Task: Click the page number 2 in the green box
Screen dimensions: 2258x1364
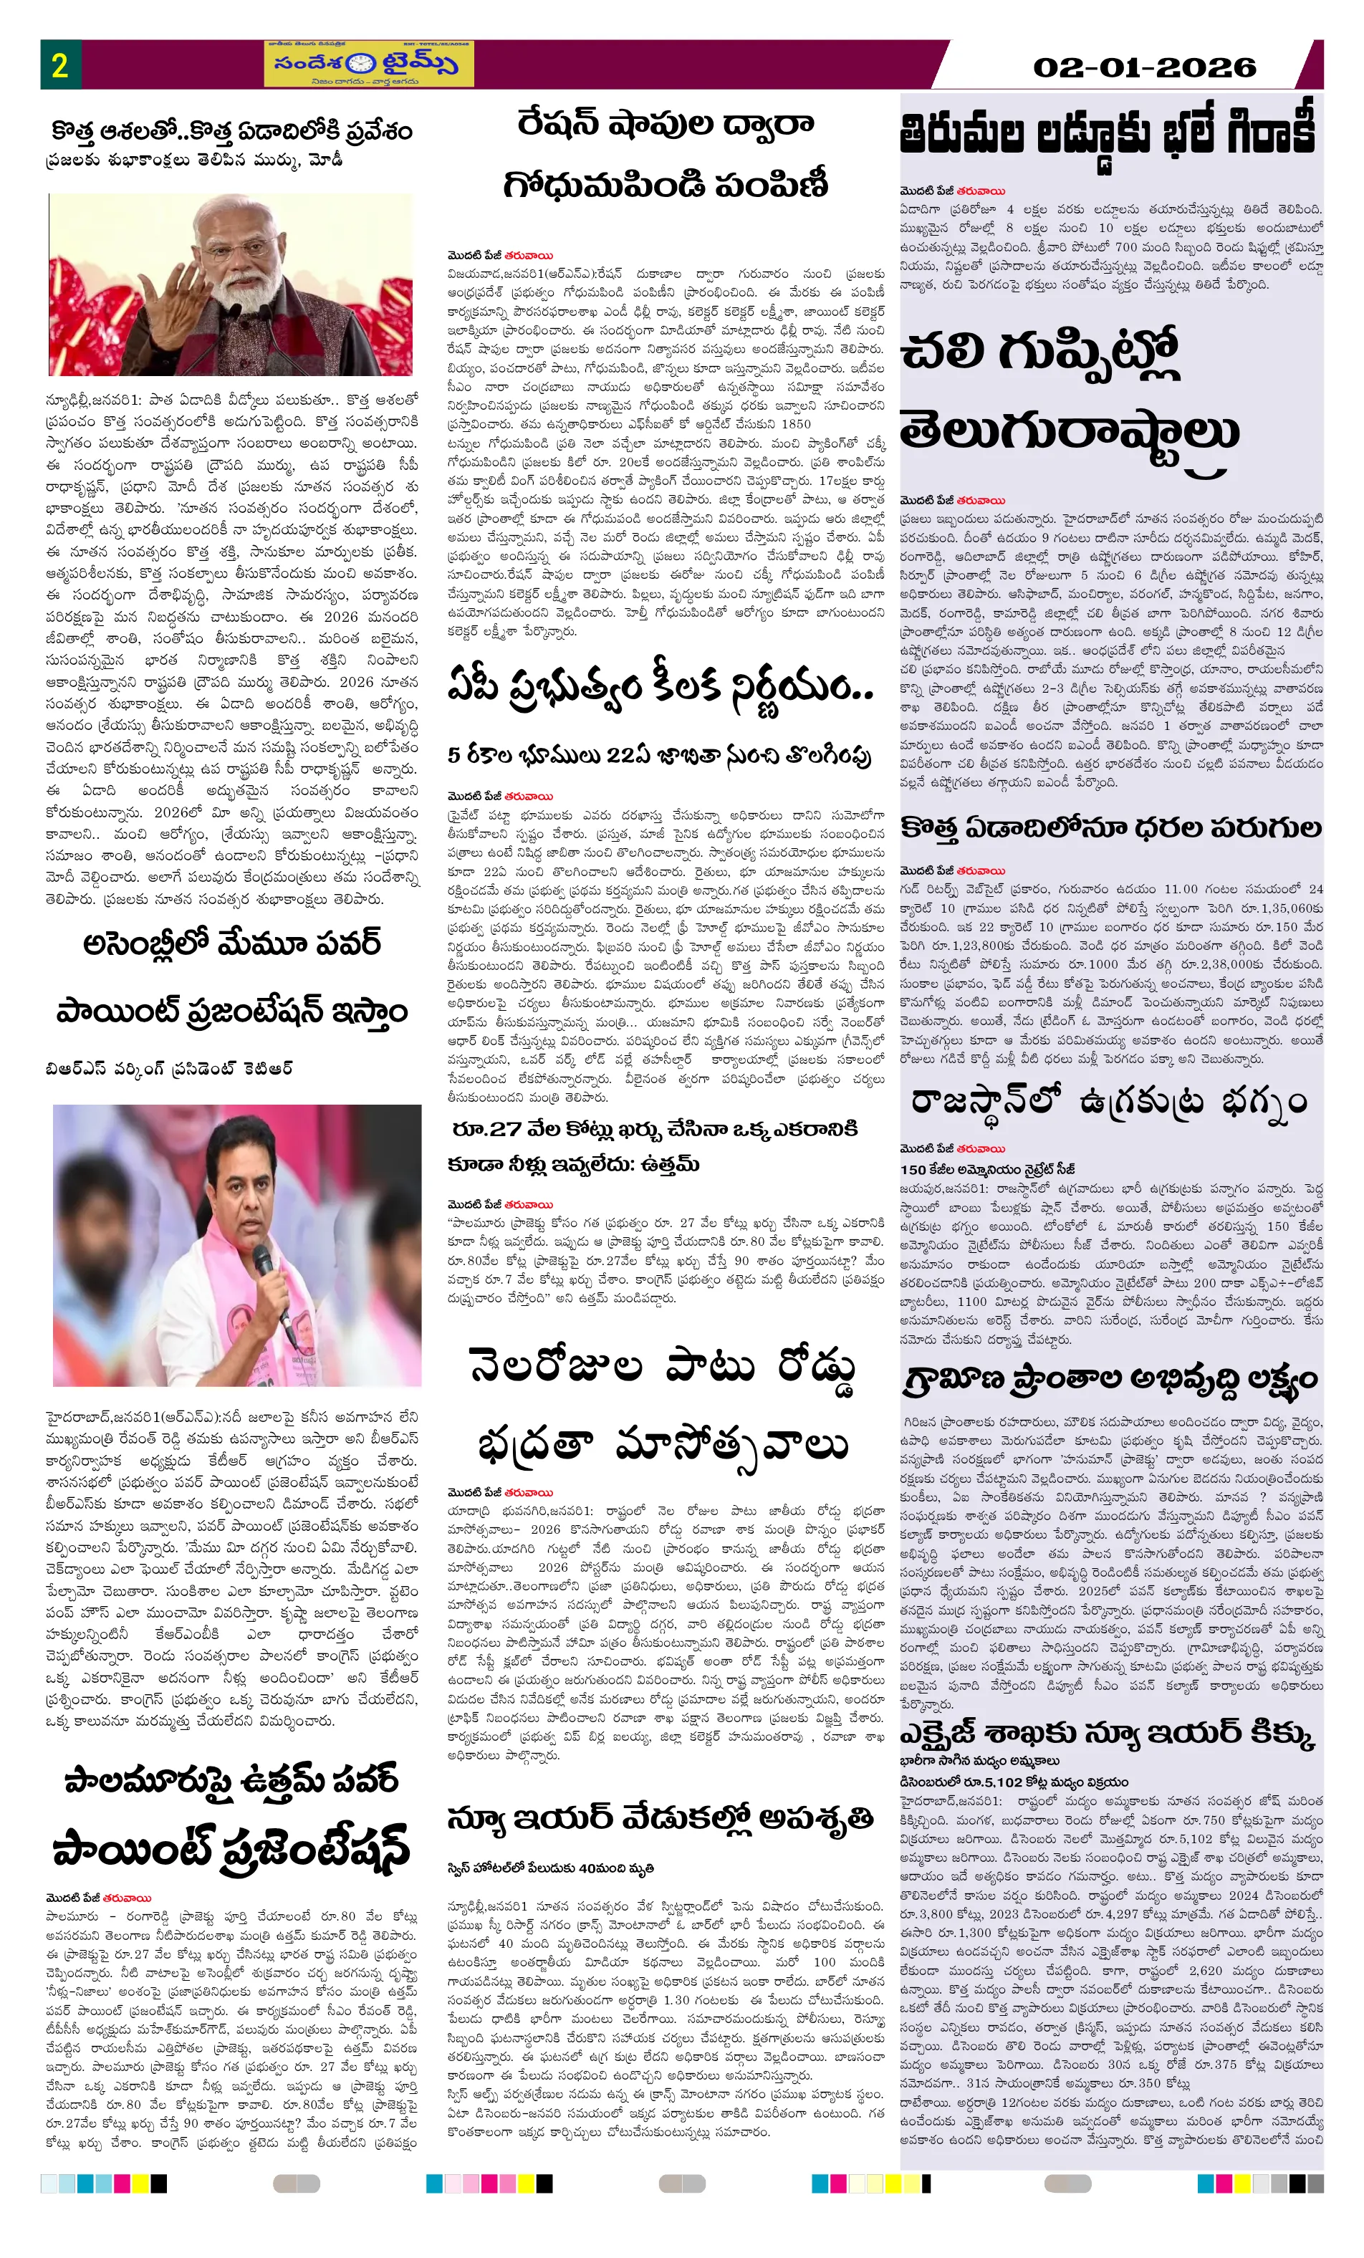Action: (59, 65)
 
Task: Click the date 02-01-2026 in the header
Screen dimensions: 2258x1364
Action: (1143, 67)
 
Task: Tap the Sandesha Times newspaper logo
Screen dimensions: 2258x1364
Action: (368, 64)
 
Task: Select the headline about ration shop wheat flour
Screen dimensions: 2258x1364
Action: (666, 154)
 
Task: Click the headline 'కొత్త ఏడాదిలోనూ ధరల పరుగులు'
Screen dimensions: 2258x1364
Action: (1109, 828)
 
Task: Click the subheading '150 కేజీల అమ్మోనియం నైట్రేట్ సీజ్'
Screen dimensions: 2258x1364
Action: (988, 1169)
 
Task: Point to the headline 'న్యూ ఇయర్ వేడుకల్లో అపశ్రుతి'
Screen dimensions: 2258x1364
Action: (660, 1818)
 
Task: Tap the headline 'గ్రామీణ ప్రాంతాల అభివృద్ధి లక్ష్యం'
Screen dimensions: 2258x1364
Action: (1109, 1379)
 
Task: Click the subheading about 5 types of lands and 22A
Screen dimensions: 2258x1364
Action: (658, 755)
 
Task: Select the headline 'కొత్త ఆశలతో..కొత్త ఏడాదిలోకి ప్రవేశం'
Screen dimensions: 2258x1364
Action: (231, 131)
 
